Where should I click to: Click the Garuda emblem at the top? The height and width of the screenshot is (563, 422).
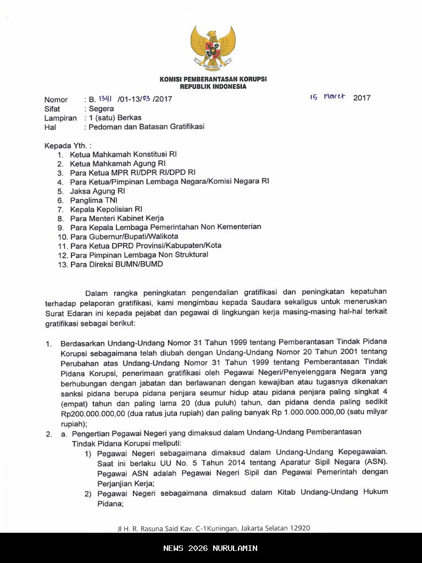[x=213, y=48]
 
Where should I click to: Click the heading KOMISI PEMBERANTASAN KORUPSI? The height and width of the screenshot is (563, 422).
[x=213, y=79]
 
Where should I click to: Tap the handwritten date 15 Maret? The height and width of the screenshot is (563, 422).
[x=327, y=97]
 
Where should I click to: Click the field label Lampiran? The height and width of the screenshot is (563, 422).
[x=60, y=118]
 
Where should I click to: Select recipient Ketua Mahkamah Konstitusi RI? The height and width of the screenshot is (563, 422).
[x=123, y=154]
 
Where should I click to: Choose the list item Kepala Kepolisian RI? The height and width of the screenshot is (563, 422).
[x=106, y=209]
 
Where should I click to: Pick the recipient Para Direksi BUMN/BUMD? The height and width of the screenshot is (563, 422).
[x=116, y=264]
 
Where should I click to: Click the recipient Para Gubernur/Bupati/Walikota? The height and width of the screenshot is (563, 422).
[x=124, y=236]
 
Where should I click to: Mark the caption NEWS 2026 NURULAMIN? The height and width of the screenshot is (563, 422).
[x=210, y=548]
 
